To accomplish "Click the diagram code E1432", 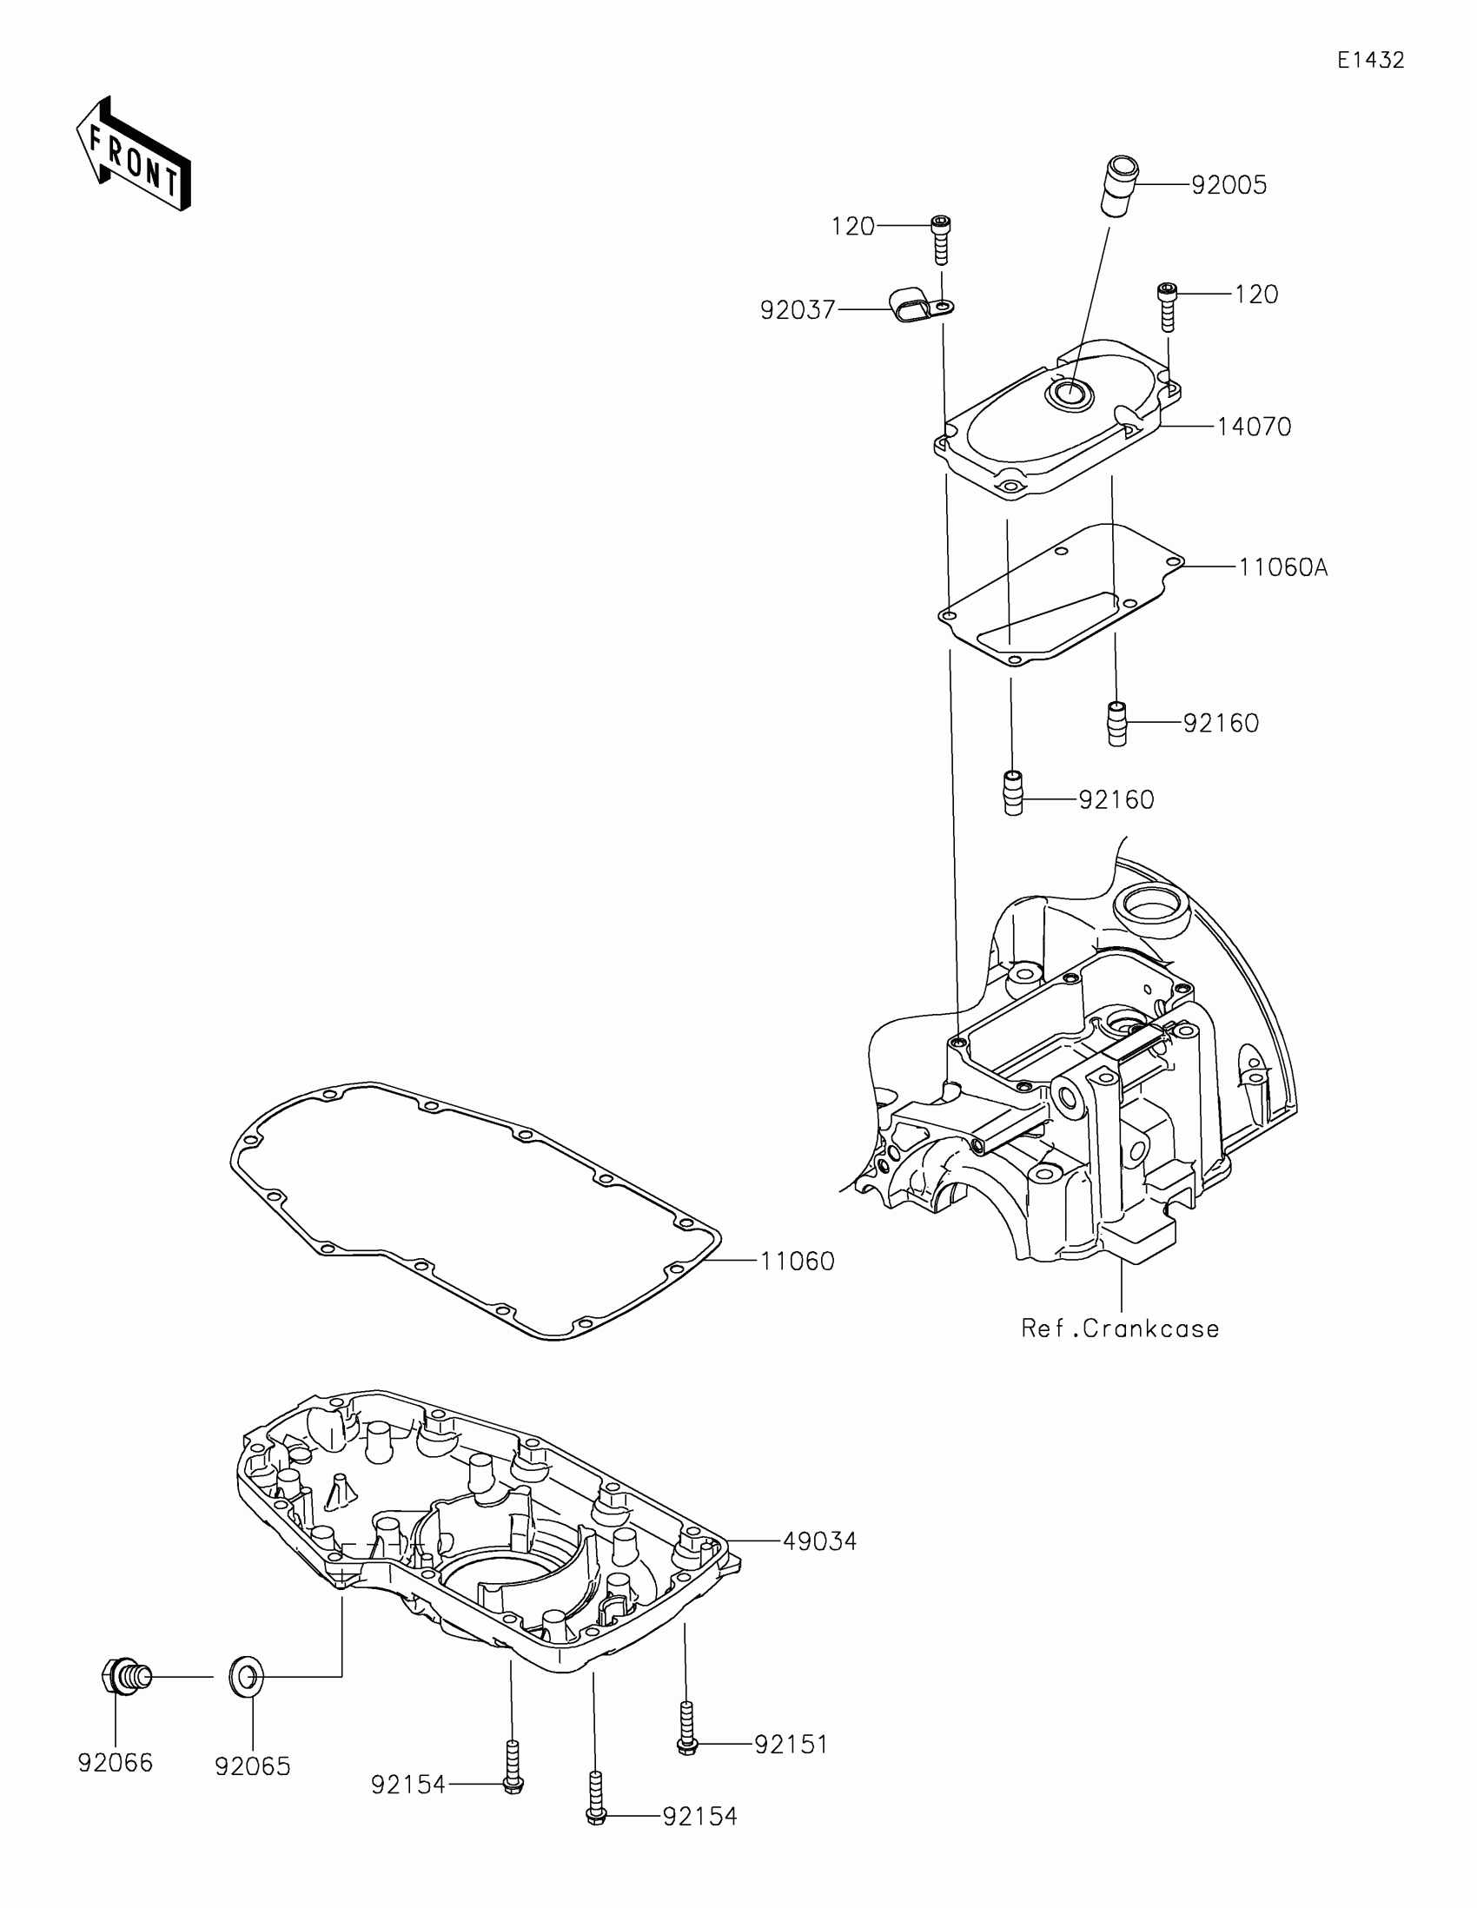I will pos(1370,60).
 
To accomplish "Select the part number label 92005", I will pos(1229,185).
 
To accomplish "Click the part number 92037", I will pos(798,310).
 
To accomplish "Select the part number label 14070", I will pos(1254,427).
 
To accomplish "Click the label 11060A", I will pos(1282,568).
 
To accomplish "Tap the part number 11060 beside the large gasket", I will pos(797,1262).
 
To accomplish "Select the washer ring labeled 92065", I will pos(245,1677).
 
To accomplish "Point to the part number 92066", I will pos(116,1763).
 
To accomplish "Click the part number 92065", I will pos(253,1766).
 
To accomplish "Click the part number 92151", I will pos(791,1745).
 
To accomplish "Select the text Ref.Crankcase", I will pos(1120,1328).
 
